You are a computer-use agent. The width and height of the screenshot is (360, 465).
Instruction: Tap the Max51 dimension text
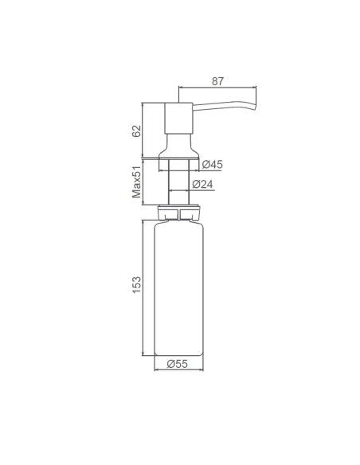(x=136, y=181)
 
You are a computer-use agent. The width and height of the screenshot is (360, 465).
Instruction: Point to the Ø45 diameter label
(x=212, y=164)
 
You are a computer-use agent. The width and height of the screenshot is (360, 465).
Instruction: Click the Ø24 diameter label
(x=203, y=185)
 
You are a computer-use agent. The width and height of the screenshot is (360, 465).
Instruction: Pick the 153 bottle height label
(x=136, y=286)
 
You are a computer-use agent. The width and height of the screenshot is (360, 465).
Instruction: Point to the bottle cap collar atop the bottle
(x=178, y=213)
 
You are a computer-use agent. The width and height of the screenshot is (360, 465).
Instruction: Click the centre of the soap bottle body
(x=178, y=287)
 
